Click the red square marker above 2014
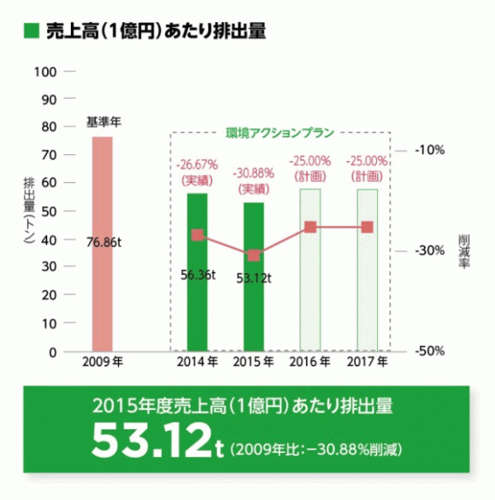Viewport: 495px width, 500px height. [197, 235]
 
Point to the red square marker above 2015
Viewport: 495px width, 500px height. [253, 255]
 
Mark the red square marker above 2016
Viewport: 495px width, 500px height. [310, 227]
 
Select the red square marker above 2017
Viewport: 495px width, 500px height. [367, 227]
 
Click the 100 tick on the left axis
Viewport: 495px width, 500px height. [46, 72]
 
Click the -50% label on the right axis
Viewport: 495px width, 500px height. [430, 352]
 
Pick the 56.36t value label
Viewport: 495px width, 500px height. [197, 274]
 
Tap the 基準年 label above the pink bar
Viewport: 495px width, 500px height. [103, 123]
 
